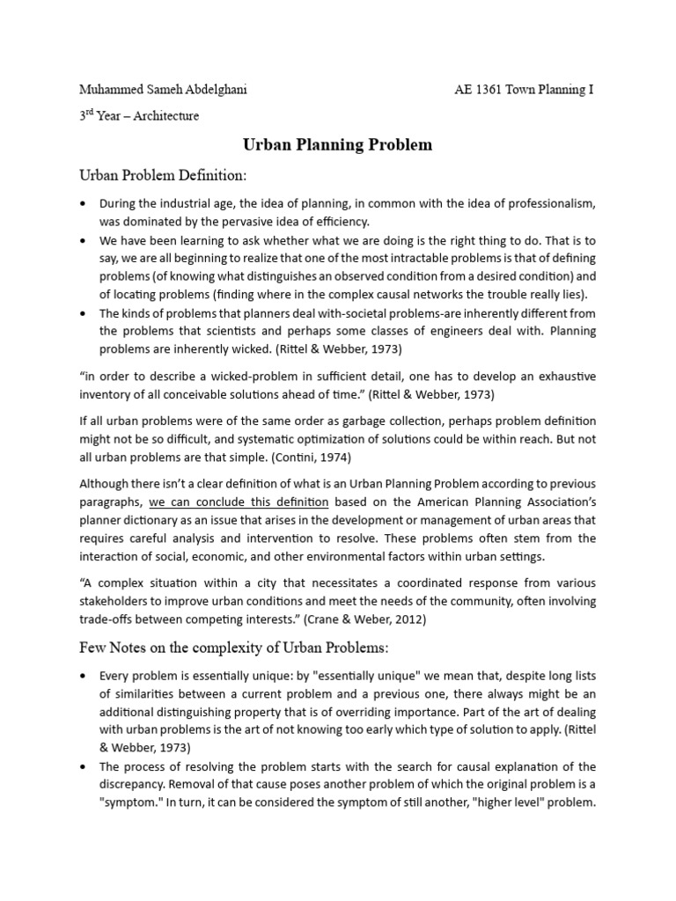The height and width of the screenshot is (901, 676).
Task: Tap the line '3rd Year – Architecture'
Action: (x=139, y=115)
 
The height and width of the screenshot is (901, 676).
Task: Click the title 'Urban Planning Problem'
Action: (x=337, y=144)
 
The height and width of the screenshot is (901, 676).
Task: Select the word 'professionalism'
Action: (x=546, y=203)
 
